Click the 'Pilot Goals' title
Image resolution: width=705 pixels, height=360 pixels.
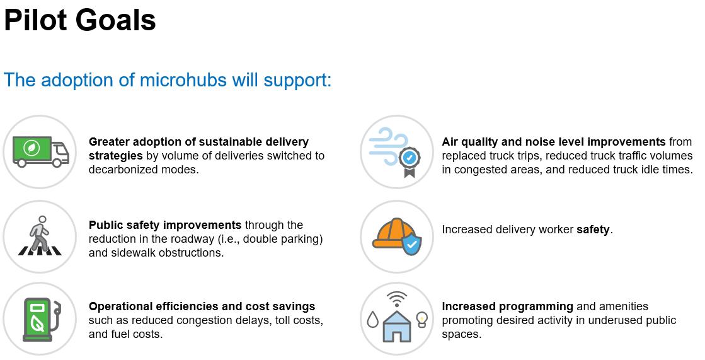(x=80, y=21)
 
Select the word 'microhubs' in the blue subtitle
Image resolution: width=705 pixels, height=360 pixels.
(x=183, y=80)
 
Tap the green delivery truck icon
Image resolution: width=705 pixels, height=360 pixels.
(x=41, y=152)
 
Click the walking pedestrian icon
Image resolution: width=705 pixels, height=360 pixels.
(x=40, y=235)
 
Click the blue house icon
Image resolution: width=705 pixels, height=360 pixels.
(x=396, y=325)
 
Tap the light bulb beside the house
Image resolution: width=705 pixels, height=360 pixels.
(x=421, y=318)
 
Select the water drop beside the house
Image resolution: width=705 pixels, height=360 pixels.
(x=373, y=320)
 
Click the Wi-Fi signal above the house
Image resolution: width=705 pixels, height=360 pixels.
(x=396, y=298)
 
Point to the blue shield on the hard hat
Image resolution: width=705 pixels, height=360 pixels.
(x=411, y=245)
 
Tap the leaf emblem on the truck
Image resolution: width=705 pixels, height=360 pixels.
(x=32, y=148)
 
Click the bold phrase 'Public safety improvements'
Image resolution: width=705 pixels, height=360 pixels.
(x=165, y=225)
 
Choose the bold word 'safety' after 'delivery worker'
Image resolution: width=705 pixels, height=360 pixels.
(x=593, y=229)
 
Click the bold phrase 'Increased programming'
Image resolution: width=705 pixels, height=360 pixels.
(x=507, y=307)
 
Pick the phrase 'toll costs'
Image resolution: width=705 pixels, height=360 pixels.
(x=293, y=320)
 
